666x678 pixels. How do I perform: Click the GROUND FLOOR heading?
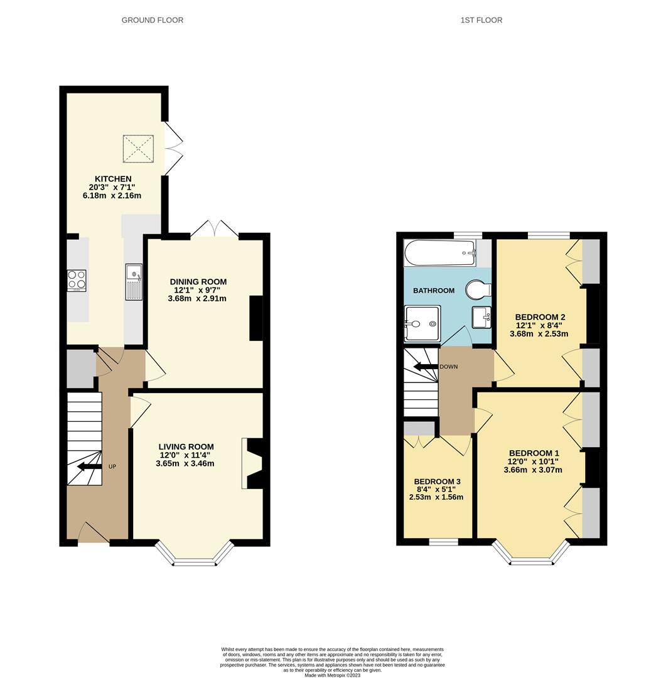pyautogui.click(x=153, y=20)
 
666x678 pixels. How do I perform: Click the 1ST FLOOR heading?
pyautogui.click(x=481, y=20)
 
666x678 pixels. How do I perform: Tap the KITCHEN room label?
pyautogui.click(x=114, y=179)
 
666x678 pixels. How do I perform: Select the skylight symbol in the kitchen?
pyautogui.click(x=139, y=148)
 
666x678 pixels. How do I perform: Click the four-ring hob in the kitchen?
pyautogui.click(x=77, y=280)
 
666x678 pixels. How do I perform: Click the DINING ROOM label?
pyautogui.click(x=198, y=282)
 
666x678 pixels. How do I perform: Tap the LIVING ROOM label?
pyautogui.click(x=186, y=447)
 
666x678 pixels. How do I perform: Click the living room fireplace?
pyautogui.click(x=252, y=463)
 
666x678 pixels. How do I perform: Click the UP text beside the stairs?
pyautogui.click(x=112, y=466)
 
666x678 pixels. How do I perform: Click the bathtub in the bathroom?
pyautogui.click(x=440, y=253)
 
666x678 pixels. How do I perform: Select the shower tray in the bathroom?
pyautogui.click(x=422, y=323)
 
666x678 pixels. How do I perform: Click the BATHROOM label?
pyautogui.click(x=433, y=291)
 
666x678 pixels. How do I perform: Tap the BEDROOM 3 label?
pyautogui.click(x=437, y=482)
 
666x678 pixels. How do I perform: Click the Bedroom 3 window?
pyautogui.click(x=444, y=541)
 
